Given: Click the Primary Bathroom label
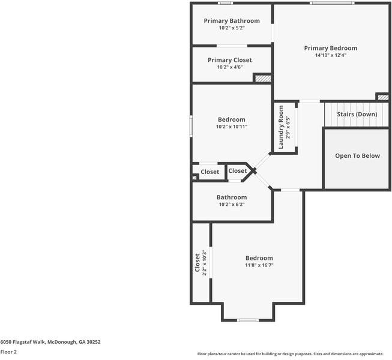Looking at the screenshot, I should pyautogui.click(x=231, y=21).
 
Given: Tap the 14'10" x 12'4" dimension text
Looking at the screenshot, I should pyautogui.click(x=330, y=55).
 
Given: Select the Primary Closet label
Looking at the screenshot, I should pyautogui.click(x=229, y=60).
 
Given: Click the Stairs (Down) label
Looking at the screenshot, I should pyautogui.click(x=357, y=114).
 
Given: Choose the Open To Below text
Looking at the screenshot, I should pyautogui.click(x=357, y=156).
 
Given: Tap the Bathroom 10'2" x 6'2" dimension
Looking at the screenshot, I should pyautogui.click(x=231, y=205).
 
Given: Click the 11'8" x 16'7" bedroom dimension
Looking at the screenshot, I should pyautogui.click(x=259, y=265).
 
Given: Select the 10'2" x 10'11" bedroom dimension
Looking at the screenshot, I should pyautogui.click(x=231, y=127).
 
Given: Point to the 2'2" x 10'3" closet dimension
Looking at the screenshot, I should pyautogui.click(x=204, y=263).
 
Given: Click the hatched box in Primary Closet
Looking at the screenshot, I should pyautogui.click(x=262, y=78).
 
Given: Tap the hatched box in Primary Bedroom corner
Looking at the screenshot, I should pyautogui.click(x=382, y=97).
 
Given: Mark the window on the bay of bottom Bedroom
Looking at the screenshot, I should pyautogui.click(x=248, y=320).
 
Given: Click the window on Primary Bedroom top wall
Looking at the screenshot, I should pyautogui.click(x=331, y=3).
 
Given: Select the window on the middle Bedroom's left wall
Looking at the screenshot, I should pyautogui.click(x=191, y=126).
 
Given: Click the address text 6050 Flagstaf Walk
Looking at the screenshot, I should pyautogui.click(x=50, y=342).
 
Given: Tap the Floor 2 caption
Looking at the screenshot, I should pyautogui.click(x=8, y=352).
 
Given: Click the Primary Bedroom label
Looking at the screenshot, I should pyautogui.click(x=330, y=48).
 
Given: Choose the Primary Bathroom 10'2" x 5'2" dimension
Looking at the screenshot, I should pyautogui.click(x=231, y=28).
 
